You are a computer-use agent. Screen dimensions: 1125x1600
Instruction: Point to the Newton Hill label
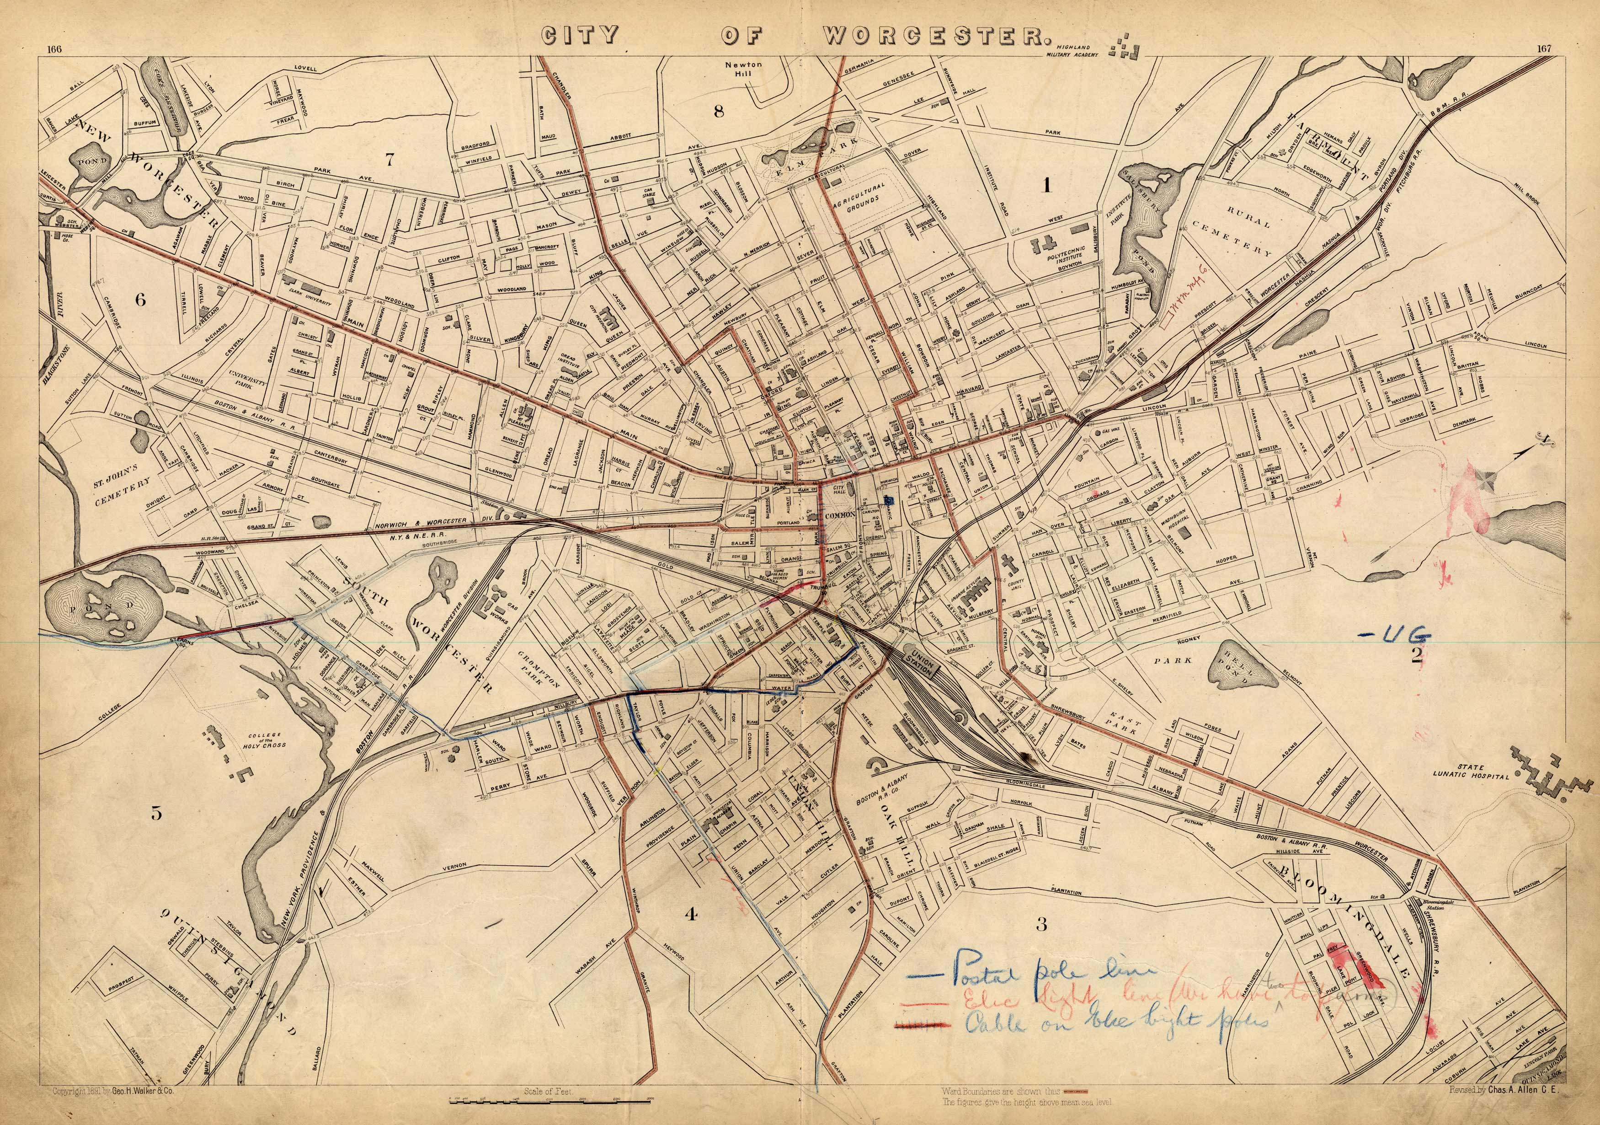(744, 69)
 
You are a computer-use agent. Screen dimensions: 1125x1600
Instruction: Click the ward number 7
(390, 160)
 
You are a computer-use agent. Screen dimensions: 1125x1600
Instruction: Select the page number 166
(55, 49)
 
